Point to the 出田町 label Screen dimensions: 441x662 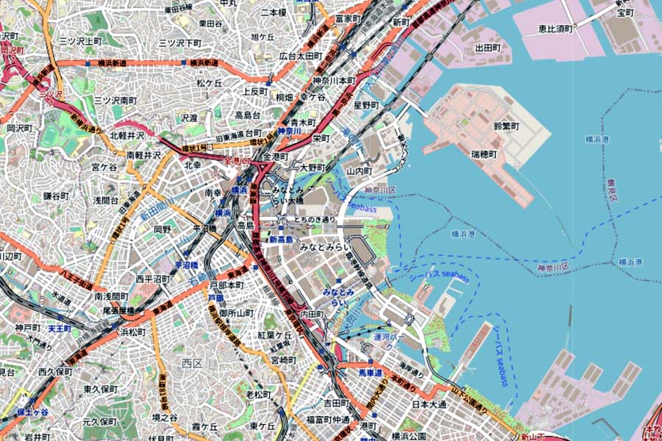[488, 48]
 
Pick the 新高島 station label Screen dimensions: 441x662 [281, 240]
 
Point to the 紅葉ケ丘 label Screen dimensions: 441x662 [275, 334]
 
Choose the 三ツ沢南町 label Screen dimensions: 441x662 [115, 99]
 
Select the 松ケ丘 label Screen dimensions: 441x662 [208, 83]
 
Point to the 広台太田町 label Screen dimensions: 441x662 [301, 56]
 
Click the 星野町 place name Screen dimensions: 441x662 [366, 105]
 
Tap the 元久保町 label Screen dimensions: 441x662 [99, 422]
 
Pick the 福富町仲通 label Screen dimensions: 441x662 [328, 420]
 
